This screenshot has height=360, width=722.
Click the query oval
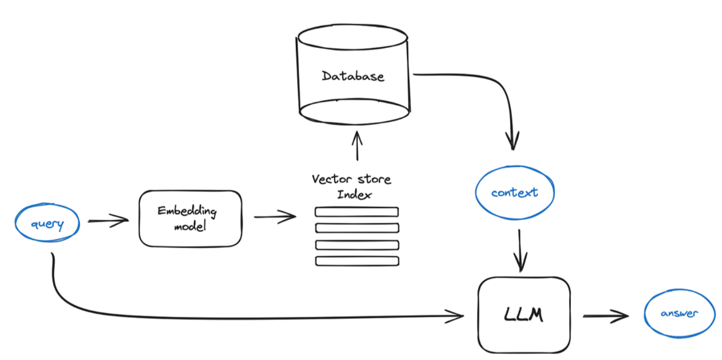(x=47, y=224)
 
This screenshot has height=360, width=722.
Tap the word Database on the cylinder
(x=352, y=77)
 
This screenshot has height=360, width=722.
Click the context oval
(x=514, y=193)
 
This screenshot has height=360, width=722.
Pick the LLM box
(x=524, y=315)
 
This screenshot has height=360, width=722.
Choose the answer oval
(x=678, y=313)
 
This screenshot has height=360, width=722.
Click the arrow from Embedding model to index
(x=274, y=216)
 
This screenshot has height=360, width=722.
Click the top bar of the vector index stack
(x=357, y=212)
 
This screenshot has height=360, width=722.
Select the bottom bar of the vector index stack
(x=357, y=261)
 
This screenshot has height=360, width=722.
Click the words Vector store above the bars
(x=351, y=179)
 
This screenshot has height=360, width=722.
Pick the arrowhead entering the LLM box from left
(x=457, y=316)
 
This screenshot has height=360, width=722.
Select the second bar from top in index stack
(x=357, y=229)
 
